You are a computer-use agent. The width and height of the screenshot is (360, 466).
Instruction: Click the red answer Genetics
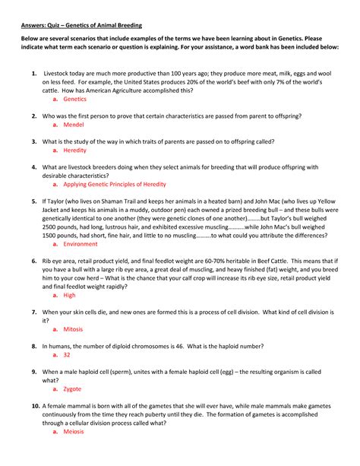coord(74,100)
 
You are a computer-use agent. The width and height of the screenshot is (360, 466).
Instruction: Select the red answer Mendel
coord(73,125)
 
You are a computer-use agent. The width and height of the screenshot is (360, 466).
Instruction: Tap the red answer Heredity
coord(74,151)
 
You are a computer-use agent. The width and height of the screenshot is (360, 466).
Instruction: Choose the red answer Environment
coord(80,244)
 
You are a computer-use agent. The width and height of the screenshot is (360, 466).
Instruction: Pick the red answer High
coord(69,295)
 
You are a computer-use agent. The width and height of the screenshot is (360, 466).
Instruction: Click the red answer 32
coord(67,354)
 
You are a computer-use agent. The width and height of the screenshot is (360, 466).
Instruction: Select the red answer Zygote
coord(72,388)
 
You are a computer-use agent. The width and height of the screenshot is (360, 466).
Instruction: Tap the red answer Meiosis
coord(74,431)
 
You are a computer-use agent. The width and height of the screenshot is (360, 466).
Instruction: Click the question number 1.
coord(34,74)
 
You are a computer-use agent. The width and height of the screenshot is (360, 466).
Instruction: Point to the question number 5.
coord(34,201)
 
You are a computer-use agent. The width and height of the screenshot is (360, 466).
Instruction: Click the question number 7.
coord(34,312)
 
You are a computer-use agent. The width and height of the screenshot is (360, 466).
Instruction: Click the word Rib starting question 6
coord(48,261)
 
